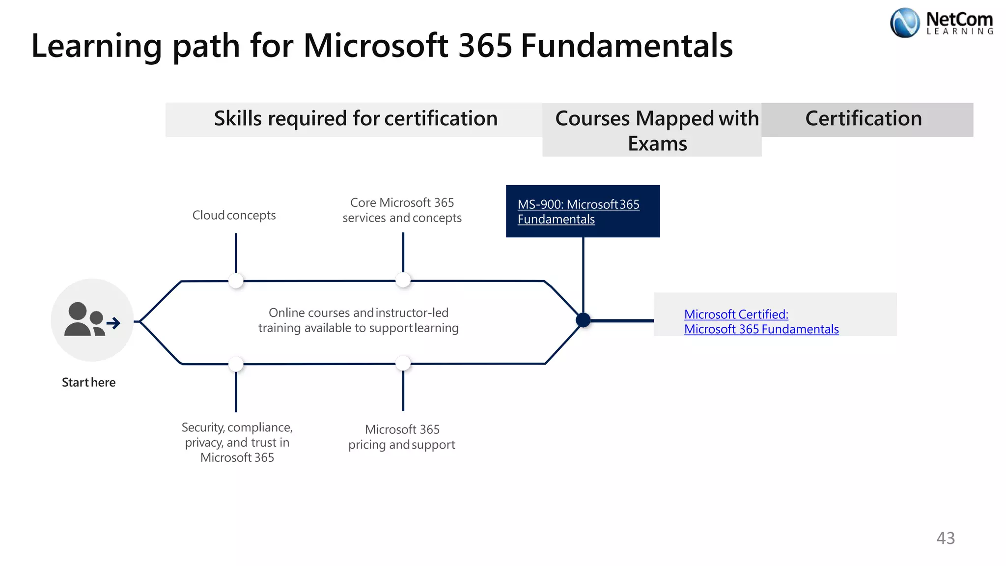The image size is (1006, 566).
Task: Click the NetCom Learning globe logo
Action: pos(904,23)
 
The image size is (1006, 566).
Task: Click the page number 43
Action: pos(946,538)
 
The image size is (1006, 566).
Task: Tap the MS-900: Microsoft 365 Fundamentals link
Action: pos(578,212)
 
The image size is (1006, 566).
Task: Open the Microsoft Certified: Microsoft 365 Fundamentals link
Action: pos(761,322)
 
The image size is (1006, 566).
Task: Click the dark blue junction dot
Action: pos(583,320)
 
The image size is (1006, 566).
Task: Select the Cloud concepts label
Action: pos(234,215)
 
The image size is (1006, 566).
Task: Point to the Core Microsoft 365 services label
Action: pos(402,210)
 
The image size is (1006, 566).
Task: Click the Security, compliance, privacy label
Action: pos(237,442)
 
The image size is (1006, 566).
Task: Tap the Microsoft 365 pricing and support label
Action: pos(402,437)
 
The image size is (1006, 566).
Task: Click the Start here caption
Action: pos(88,382)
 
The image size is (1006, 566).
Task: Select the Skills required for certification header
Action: pos(356,119)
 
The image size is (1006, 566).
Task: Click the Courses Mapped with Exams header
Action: pos(657,131)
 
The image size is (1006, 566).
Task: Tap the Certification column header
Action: pos(864,119)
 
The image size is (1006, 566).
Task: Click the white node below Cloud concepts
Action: pos(236,281)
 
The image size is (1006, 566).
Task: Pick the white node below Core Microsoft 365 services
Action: pos(403,280)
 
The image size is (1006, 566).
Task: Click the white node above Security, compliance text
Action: pos(236,364)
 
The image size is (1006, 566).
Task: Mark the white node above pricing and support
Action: pos(403,363)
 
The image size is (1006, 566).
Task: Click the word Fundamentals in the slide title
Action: pos(626,46)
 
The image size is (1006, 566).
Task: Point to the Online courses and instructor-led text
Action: pos(359,320)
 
